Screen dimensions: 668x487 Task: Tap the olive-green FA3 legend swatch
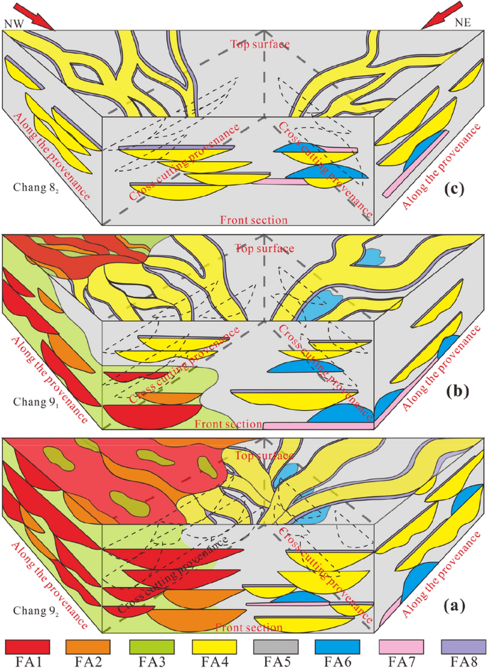point(151,646)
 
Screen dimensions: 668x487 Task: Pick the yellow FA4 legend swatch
point(214,646)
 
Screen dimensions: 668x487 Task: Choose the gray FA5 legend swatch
point(275,646)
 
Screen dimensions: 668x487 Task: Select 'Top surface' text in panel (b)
point(262,248)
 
